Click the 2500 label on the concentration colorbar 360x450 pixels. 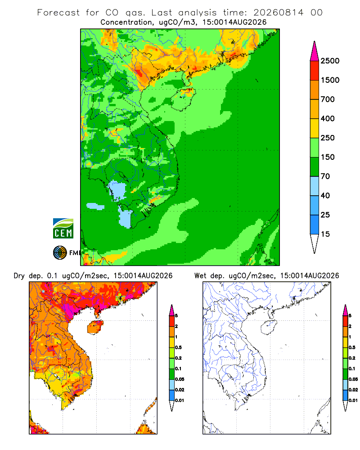[330, 61]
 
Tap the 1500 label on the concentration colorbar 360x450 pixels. [330, 80]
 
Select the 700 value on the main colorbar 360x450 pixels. [328, 99]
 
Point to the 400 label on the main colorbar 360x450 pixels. [328, 118]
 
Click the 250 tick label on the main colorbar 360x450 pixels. [328, 138]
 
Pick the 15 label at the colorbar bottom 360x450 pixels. [325, 234]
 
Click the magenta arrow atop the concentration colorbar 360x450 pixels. [315, 51]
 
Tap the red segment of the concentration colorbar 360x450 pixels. [315, 71]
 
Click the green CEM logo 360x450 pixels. [63, 229]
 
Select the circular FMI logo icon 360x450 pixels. [60, 253]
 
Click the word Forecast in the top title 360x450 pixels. [58, 13]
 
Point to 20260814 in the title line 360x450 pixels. [278, 13]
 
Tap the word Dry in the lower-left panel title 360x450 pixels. [19, 276]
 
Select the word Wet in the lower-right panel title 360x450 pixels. [200, 276]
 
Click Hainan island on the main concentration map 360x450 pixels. [183, 99]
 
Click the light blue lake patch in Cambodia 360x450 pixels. [117, 190]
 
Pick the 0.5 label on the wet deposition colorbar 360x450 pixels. [352, 347]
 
